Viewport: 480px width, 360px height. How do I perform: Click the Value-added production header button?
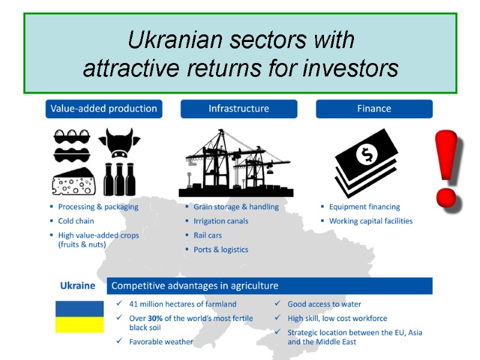pyautogui.click(x=104, y=109)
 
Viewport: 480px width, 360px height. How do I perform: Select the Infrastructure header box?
pyautogui.click(x=239, y=109)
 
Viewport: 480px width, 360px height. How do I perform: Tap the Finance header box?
pyautogui.click(x=374, y=109)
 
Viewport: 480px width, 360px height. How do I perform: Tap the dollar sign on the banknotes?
pyautogui.click(x=365, y=155)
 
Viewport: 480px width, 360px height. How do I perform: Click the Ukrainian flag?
pyautogui.click(x=80, y=317)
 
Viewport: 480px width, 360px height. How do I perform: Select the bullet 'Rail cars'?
pyautogui.click(x=208, y=235)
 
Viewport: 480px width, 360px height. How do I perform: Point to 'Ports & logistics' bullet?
pyautogui.click(x=221, y=250)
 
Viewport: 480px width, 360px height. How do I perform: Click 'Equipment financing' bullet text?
pyautogui.click(x=364, y=207)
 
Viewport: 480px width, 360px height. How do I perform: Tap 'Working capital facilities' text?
pyautogui.click(x=371, y=221)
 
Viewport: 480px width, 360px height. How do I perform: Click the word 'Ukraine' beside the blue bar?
pyautogui.click(x=77, y=286)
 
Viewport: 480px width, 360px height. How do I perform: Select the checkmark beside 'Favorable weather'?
pyautogui.click(x=119, y=341)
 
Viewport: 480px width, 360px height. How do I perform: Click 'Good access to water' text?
pyautogui.click(x=324, y=304)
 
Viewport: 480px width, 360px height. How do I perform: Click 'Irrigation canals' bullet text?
pyautogui.click(x=221, y=221)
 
